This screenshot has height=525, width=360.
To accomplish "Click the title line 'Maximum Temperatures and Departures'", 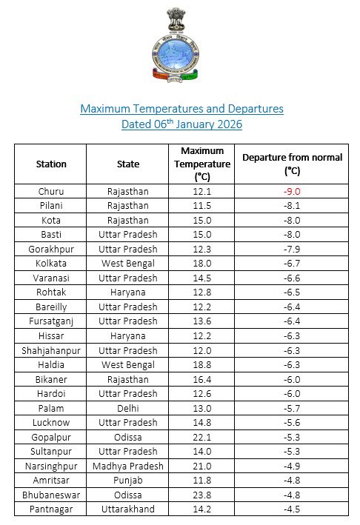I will pos(181,109).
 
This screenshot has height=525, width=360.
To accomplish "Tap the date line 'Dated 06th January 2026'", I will pos(181,124).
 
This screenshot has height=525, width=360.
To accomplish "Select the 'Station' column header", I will pos(51,164).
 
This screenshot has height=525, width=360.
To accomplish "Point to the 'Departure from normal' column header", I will pos(292,164).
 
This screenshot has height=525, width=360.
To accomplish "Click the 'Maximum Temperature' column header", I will pos(201,164).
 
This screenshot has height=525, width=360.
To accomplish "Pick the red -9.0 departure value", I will pos(292,191).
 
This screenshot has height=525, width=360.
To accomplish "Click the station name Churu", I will pos(51,191).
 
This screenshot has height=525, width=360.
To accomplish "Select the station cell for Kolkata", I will pos(51,263).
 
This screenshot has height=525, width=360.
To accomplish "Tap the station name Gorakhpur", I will pos(51,249).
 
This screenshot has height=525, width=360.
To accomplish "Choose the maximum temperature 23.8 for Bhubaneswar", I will pos(201,495).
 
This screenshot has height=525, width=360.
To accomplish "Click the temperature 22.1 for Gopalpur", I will pos(201,437).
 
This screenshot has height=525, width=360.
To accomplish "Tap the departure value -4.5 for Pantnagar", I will pos(292,509).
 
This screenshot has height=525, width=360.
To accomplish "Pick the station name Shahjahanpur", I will pos(51,350).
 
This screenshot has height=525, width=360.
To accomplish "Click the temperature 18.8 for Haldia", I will pos(201,364).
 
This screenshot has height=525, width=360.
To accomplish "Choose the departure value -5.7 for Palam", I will pos(292,408).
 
